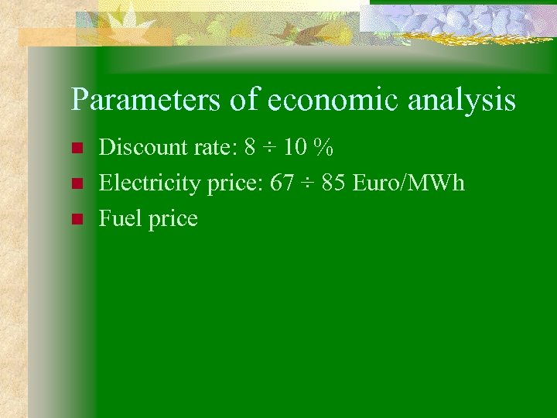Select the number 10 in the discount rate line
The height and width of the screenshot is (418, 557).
pos(295,146)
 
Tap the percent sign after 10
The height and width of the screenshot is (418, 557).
pos(323,146)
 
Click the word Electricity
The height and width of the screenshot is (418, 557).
pos(147,183)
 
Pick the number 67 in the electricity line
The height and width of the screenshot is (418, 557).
pos(283,183)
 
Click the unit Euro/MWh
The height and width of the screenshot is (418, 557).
pos(409,183)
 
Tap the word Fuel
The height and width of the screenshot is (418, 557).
pos(117,219)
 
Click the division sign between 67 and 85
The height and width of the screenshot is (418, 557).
pos(309,183)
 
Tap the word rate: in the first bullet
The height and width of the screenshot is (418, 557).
pos(212,146)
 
